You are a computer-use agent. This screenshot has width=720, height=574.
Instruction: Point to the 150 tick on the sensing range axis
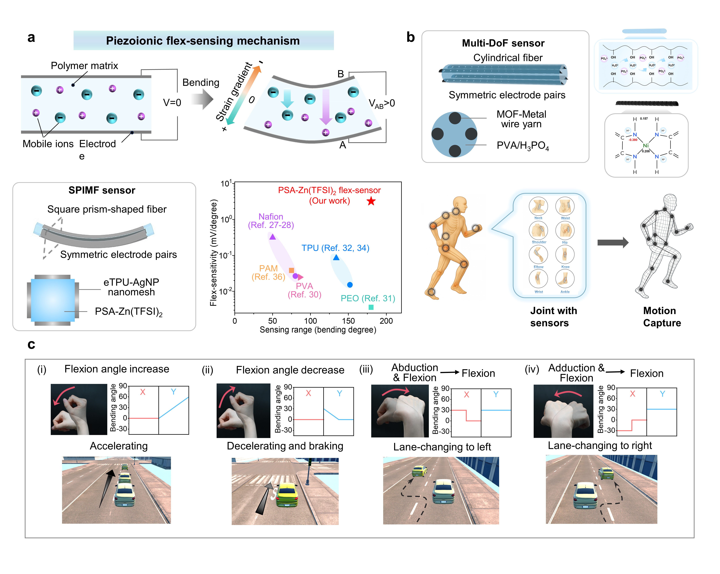(x=348, y=321)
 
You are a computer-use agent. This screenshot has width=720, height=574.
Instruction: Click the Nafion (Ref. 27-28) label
(x=271, y=221)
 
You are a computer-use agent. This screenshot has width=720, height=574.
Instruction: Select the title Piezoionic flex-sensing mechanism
(x=203, y=41)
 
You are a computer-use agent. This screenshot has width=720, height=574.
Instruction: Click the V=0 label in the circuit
(x=172, y=103)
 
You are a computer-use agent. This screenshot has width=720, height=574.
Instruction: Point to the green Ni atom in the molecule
(x=646, y=146)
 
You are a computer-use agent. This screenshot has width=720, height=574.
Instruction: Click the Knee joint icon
(x=565, y=254)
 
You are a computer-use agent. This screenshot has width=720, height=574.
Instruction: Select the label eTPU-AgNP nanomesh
(x=131, y=287)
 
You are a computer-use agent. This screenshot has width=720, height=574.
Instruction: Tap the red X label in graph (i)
(x=143, y=392)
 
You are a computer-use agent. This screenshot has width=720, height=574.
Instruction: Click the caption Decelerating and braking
(x=285, y=446)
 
